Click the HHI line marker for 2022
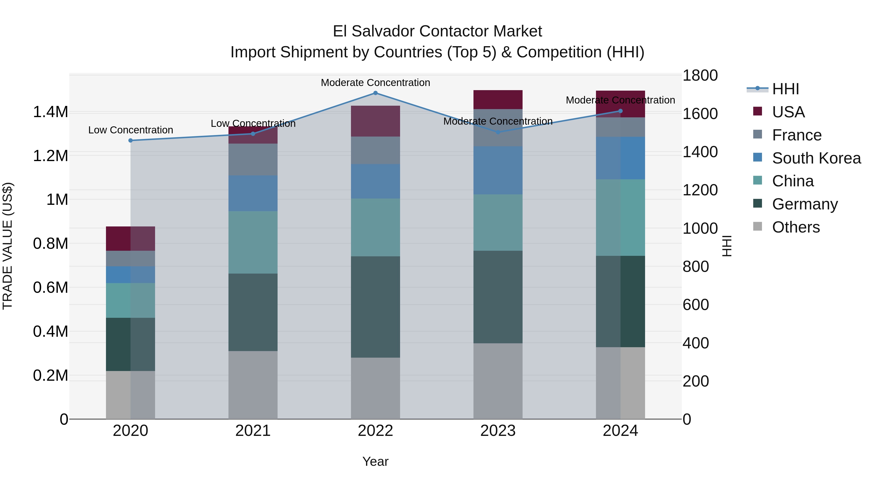(x=375, y=93)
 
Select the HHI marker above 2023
(x=498, y=132)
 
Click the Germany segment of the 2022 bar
(x=375, y=307)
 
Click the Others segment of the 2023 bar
(x=498, y=381)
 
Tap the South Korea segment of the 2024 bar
(x=620, y=158)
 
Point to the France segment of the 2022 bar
(x=375, y=150)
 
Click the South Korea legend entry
(x=816, y=158)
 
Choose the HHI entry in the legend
(x=785, y=89)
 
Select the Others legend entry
(x=796, y=227)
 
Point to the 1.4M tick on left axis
(x=50, y=112)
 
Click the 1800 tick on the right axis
(x=700, y=75)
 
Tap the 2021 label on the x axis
(x=253, y=431)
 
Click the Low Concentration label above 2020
(x=131, y=130)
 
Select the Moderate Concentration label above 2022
(x=375, y=83)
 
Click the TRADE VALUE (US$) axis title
(x=8, y=246)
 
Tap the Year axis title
(x=375, y=461)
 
